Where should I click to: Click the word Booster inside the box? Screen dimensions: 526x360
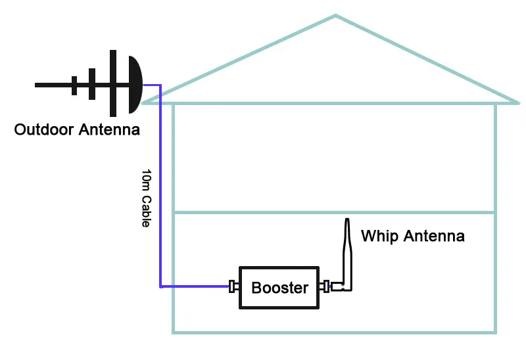[280, 288]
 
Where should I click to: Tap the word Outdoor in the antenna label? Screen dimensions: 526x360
[44, 129]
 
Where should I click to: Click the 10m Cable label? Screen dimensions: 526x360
[146, 198]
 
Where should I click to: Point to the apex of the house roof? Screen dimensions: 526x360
[335, 15]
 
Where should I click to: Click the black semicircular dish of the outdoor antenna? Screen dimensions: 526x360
[135, 85]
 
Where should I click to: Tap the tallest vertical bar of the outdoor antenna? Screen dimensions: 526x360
[113, 83]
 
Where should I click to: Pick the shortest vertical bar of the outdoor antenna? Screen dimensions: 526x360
[74, 85]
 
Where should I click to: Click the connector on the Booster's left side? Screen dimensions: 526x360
[234, 286]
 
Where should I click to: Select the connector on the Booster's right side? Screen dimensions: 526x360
[324, 286]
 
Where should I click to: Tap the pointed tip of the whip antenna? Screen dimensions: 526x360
[347, 219]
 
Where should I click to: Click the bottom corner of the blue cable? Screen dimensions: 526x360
[160, 286]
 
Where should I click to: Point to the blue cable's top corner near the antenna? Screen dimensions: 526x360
[160, 85]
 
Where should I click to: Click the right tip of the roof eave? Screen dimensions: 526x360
[519, 103]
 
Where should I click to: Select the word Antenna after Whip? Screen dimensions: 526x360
[434, 236]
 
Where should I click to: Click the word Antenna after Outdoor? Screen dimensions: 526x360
[109, 129]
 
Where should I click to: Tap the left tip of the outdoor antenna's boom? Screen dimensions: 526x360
[36, 85]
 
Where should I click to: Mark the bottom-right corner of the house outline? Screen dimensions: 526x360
[495, 332]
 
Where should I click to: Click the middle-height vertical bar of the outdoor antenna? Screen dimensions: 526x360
[92, 84]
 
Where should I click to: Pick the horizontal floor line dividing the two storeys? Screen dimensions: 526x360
[335, 212]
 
